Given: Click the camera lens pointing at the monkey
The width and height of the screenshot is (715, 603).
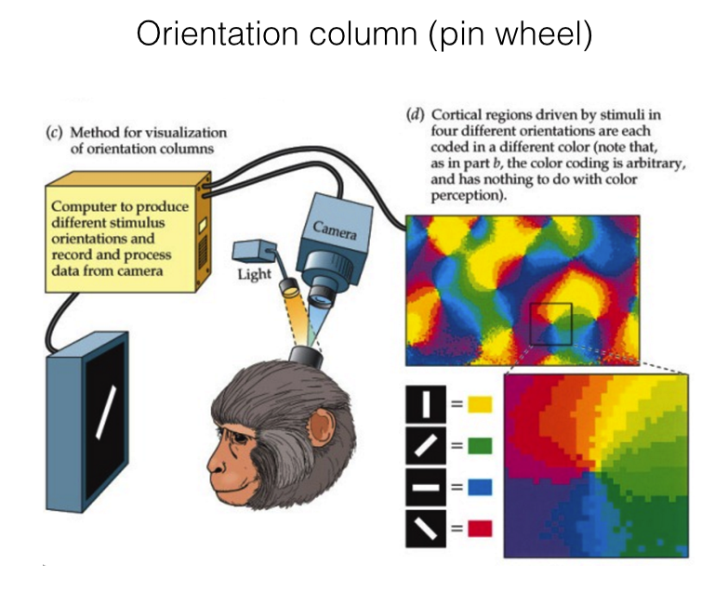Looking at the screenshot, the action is point(319,299).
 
